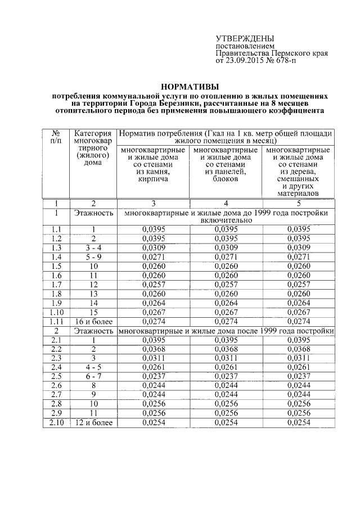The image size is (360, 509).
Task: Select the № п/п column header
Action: (x=56, y=138)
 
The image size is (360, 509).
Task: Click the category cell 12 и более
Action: (x=94, y=422)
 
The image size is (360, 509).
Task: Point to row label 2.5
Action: (x=56, y=376)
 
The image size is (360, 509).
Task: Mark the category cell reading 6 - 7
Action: (x=94, y=376)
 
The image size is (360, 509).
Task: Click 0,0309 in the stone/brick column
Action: (x=153, y=247)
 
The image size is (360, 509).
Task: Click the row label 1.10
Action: (x=56, y=312)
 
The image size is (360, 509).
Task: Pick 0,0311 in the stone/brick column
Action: (x=153, y=358)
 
